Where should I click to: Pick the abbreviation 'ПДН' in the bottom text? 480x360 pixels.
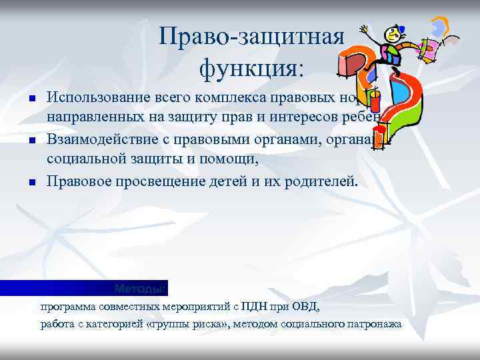point(255,307)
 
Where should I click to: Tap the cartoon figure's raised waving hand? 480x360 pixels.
point(364,29)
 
